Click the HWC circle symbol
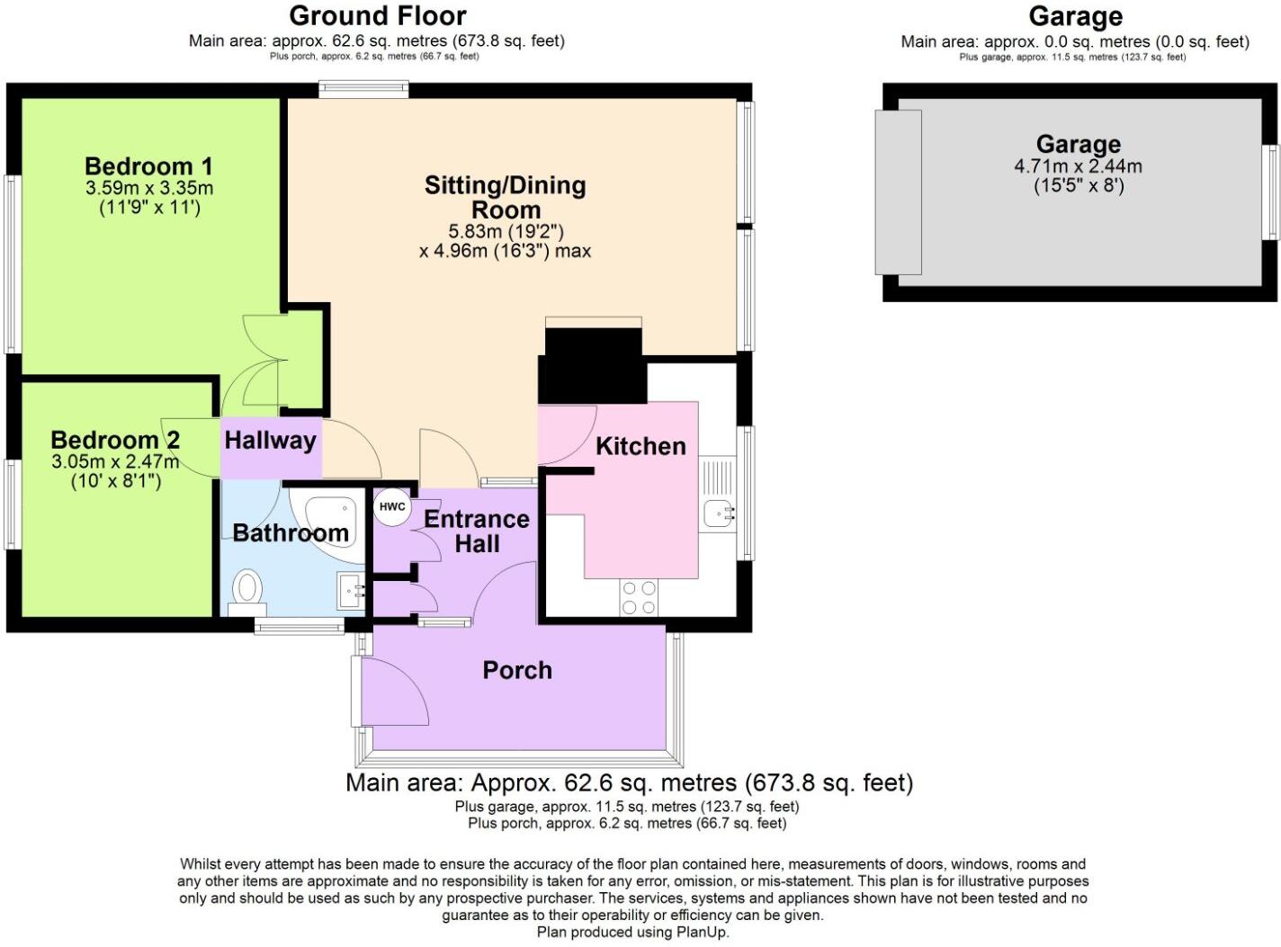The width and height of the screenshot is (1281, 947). pyautogui.click(x=391, y=506)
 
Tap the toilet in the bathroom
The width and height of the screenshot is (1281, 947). pyautogui.click(x=246, y=591)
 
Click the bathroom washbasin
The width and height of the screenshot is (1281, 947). pyautogui.click(x=352, y=591)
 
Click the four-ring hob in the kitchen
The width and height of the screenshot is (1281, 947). pyautogui.click(x=638, y=598)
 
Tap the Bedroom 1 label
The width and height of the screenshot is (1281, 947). pyautogui.click(x=148, y=166)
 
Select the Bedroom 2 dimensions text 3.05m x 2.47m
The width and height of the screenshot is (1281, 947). pyautogui.click(x=114, y=461)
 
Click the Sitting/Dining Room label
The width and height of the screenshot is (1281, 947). pyautogui.click(x=506, y=197)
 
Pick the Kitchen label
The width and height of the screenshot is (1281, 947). pyautogui.click(x=640, y=446)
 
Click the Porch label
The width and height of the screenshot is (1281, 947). pyautogui.click(x=517, y=670)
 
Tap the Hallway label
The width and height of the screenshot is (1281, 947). pyautogui.click(x=270, y=440)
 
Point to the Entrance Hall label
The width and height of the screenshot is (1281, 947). pyautogui.click(x=476, y=532)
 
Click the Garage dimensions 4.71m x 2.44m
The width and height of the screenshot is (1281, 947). pyautogui.click(x=1078, y=166)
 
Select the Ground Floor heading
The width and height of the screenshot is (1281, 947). pyautogui.click(x=377, y=15)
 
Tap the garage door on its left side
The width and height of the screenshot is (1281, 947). pyautogui.click(x=898, y=192)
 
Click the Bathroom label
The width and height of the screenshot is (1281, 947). pyautogui.click(x=291, y=532)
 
